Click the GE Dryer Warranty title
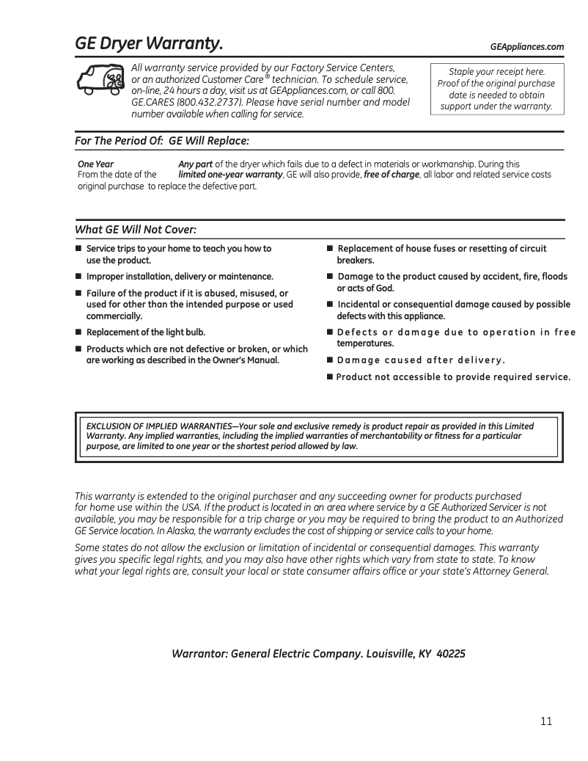click(150, 45)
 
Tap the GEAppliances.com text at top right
click(526, 47)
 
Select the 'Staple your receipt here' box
click(497, 89)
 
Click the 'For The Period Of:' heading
click(120, 140)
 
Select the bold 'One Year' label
click(96, 164)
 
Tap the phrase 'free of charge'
click(392, 175)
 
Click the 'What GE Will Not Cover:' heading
click(136, 230)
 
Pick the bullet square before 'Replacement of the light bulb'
click(78, 332)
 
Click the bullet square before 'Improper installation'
click(78, 277)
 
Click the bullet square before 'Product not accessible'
click(330, 377)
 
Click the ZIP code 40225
click(450, 653)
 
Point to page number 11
click(546, 721)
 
